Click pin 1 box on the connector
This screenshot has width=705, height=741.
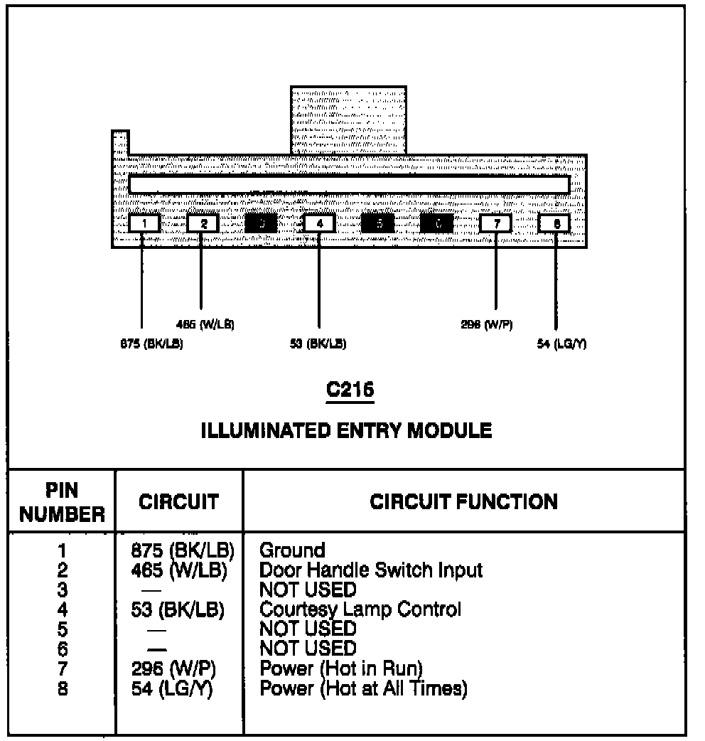(x=144, y=223)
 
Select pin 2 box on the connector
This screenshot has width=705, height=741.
(x=203, y=223)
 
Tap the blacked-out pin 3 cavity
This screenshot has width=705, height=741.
(x=262, y=223)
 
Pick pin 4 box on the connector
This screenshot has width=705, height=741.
(x=319, y=223)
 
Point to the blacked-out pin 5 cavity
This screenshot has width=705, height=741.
(x=379, y=223)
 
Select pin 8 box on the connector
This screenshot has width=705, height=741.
(x=555, y=223)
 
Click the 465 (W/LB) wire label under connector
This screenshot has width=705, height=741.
(x=205, y=325)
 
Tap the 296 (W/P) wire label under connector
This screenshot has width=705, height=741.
(x=487, y=325)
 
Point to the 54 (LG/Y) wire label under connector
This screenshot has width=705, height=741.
(x=561, y=344)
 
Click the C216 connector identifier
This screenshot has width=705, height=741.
(x=350, y=390)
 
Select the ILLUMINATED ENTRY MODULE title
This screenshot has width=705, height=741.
(x=348, y=430)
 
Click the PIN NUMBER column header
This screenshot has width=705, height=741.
(x=62, y=503)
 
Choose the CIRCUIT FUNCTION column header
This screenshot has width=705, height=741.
(x=464, y=501)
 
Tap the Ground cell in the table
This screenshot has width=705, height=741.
(x=293, y=550)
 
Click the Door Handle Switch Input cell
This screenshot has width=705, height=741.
(x=371, y=570)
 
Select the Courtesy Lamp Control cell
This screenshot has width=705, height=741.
(x=360, y=609)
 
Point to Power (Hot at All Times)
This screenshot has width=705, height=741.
(x=363, y=688)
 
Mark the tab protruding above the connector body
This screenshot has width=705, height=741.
(x=348, y=119)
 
